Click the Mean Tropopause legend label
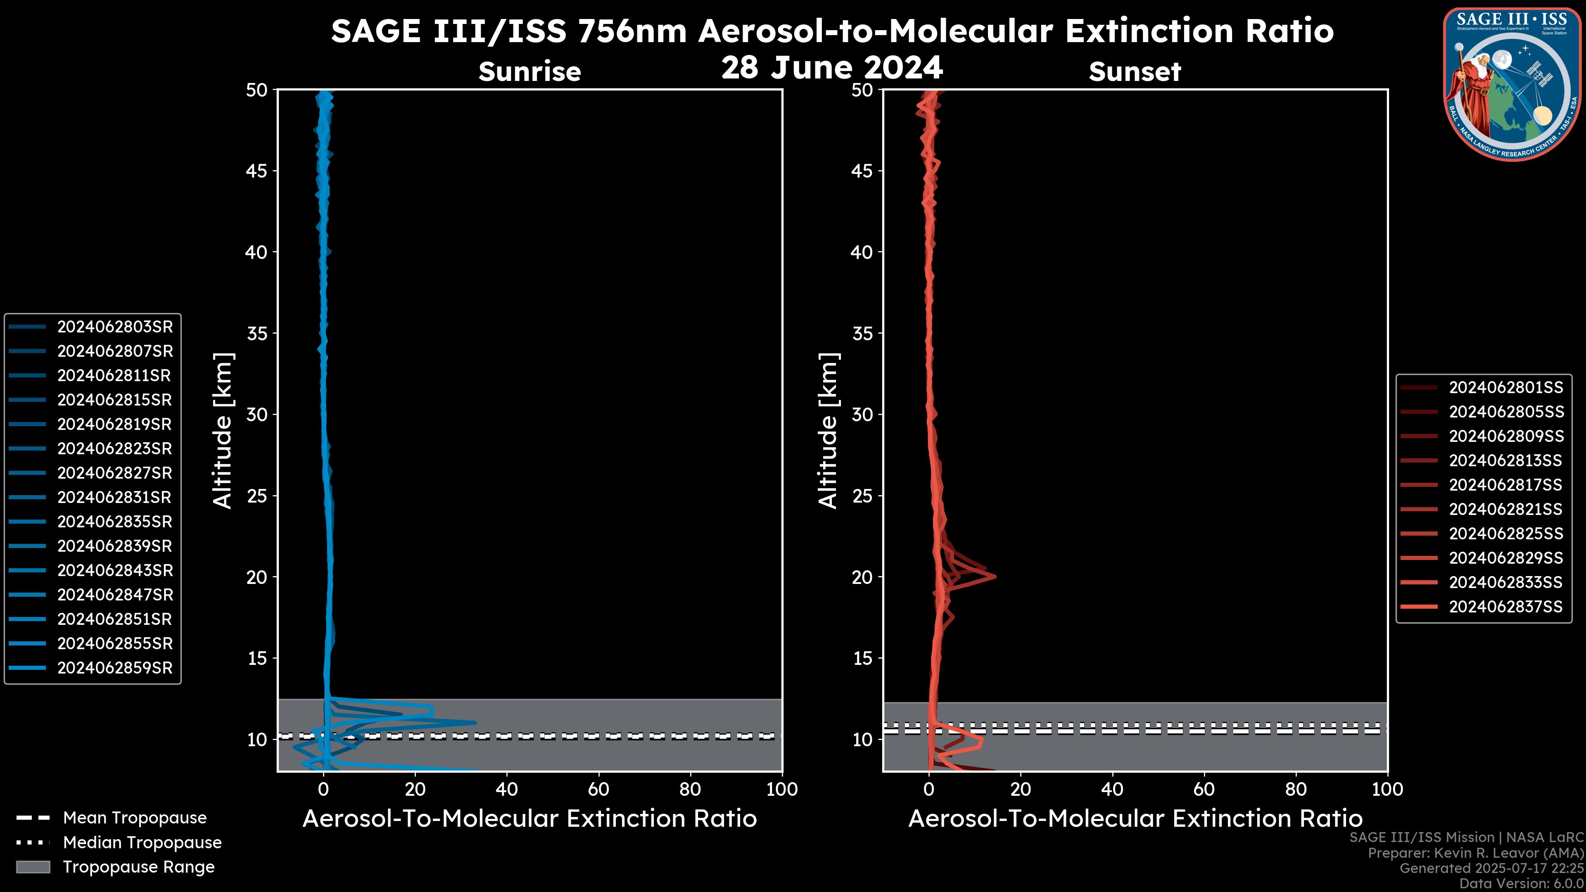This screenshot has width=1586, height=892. [135, 818]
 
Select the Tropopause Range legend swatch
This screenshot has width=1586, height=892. [33, 867]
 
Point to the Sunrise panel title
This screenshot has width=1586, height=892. [529, 71]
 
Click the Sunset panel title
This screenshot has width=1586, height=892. [1135, 71]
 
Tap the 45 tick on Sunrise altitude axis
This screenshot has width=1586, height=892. [257, 171]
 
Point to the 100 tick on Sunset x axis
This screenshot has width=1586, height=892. [1387, 789]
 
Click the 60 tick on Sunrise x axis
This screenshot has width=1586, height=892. [598, 789]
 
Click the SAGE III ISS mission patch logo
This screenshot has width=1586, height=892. [1513, 83]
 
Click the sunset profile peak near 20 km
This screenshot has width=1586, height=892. [994, 576]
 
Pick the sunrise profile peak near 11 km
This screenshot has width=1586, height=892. [475, 722]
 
